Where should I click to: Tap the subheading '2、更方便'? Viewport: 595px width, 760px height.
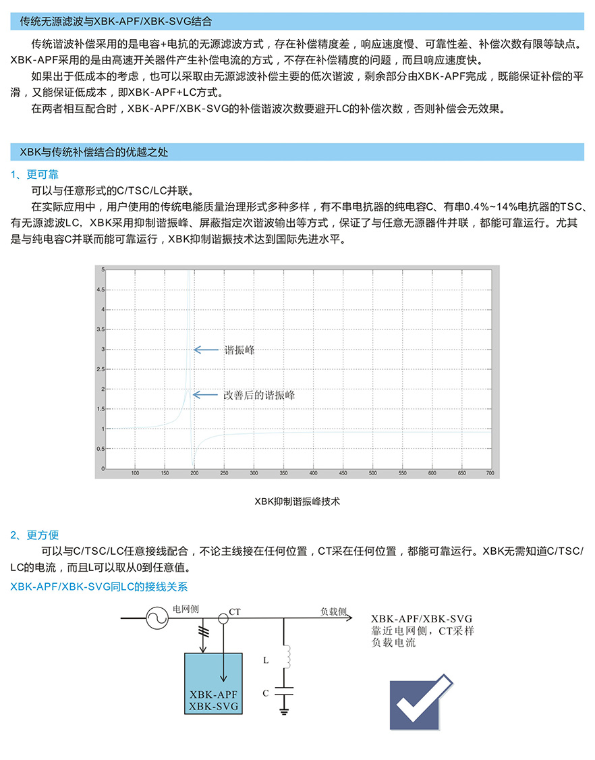(34, 535)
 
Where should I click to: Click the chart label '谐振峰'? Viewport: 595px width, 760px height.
(239, 350)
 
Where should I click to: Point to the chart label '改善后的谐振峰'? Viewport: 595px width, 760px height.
(259, 395)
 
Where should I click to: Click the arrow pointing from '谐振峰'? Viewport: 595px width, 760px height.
(206, 350)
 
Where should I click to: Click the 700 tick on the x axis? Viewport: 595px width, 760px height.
(490, 473)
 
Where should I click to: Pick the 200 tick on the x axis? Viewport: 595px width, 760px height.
(194, 473)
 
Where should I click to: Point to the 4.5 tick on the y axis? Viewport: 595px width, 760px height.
(101, 290)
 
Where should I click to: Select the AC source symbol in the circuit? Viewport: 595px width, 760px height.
(157, 618)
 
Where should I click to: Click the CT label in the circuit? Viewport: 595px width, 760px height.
(235, 612)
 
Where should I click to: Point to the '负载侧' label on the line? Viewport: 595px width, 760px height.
(333, 611)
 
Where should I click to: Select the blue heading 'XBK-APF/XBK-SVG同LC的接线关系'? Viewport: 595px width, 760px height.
(99, 587)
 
